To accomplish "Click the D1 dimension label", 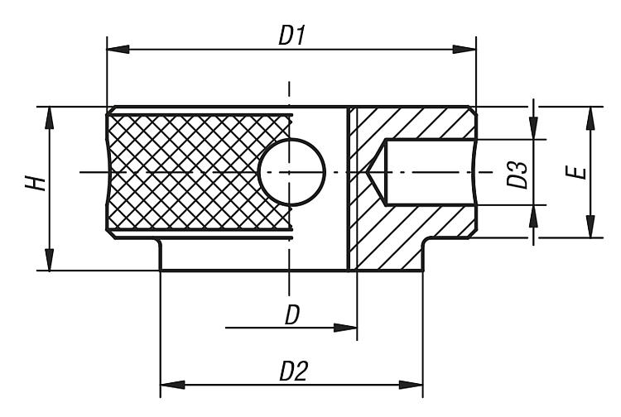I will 292,36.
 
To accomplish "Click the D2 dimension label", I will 292,371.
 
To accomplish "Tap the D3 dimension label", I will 517,172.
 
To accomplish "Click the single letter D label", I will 291,315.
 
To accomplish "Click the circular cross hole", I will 291,171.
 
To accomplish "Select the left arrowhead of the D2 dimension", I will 171,385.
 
